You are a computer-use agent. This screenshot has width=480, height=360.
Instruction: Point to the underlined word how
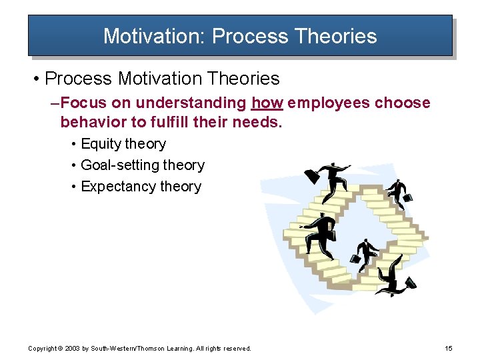click(265, 103)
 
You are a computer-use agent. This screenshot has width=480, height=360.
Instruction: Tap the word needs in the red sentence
click(260, 122)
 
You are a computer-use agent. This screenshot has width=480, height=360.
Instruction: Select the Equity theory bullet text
click(123, 144)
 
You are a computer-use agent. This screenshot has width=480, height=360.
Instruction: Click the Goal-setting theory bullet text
click(142, 165)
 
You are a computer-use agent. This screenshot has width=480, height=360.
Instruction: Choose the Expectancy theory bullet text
click(141, 187)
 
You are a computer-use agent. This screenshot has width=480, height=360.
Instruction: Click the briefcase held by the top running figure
click(311, 177)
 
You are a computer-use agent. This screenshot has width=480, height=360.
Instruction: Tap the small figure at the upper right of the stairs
click(399, 193)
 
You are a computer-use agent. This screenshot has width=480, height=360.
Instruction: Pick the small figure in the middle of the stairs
click(367, 251)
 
